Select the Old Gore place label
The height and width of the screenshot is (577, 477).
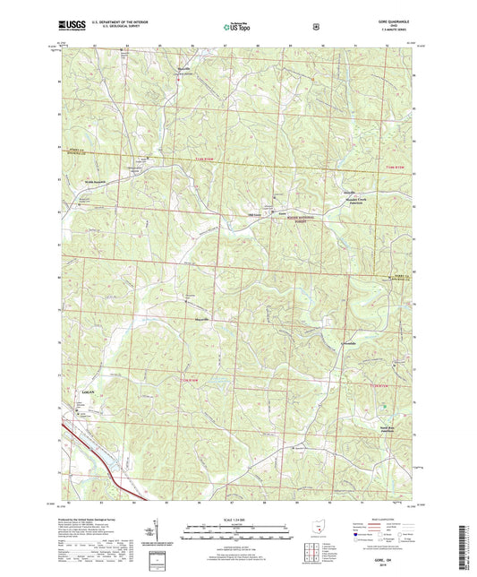(x=254, y=214)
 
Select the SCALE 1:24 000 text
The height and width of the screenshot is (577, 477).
(x=236, y=521)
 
